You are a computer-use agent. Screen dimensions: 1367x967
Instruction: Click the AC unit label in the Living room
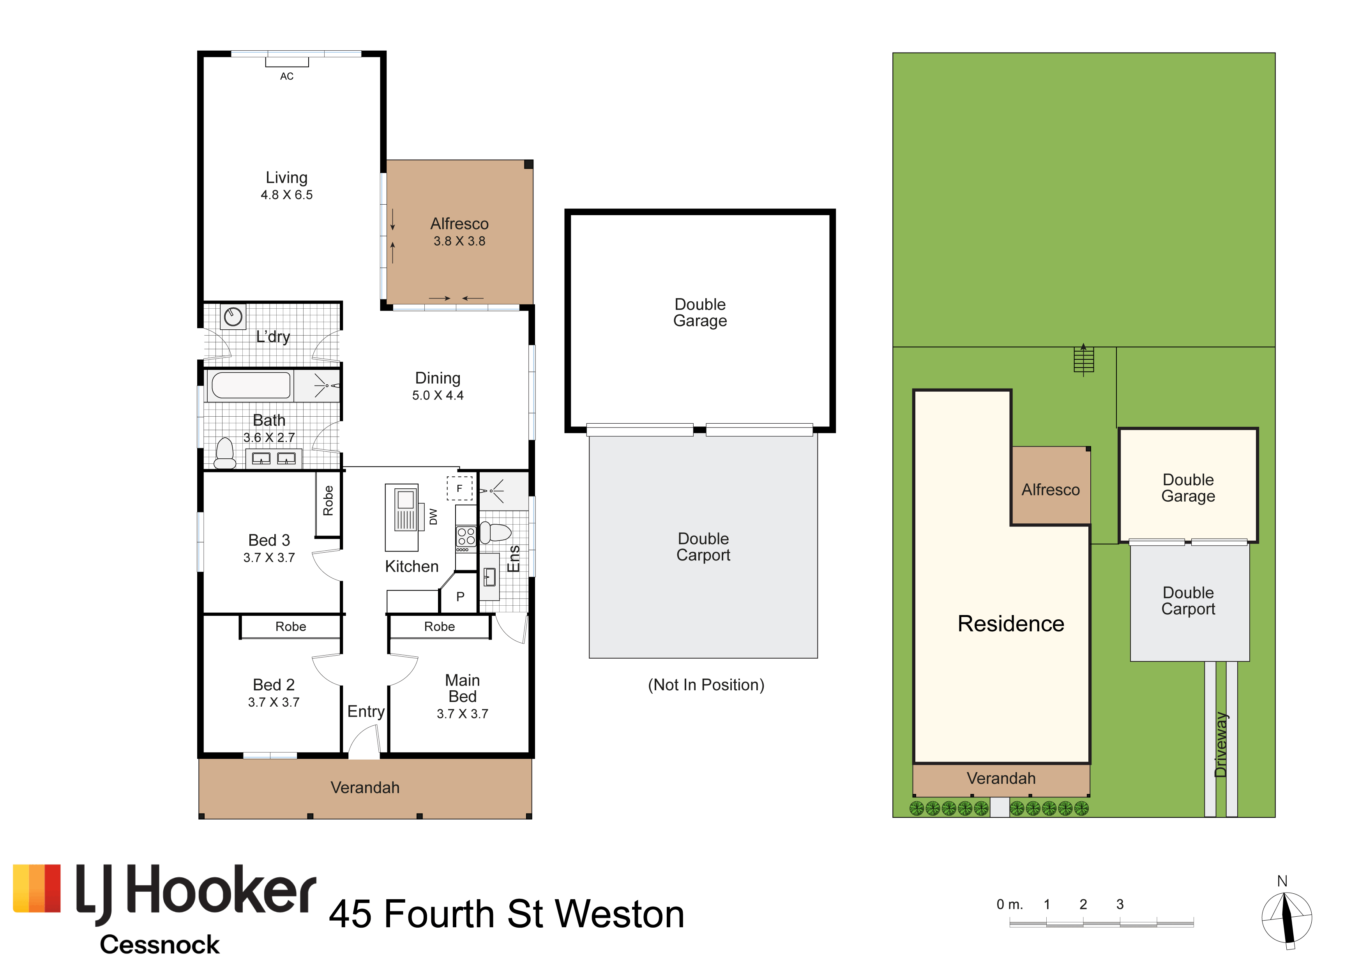coord(286,76)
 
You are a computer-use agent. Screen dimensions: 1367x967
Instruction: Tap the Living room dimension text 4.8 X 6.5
coord(286,195)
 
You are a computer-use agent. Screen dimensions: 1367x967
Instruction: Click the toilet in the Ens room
coord(495,532)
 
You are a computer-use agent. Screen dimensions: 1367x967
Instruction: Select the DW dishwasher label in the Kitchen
coord(433,517)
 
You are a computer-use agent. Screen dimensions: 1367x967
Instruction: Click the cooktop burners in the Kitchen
coord(466,536)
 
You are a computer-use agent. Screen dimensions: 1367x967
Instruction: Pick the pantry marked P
coord(460,596)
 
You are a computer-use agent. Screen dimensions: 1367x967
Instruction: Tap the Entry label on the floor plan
coord(366,712)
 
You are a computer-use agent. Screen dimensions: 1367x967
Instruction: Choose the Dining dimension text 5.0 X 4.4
coord(438,395)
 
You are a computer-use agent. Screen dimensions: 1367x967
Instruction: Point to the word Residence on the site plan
coord(1010,624)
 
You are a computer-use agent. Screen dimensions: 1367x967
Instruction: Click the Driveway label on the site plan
coord(1220,744)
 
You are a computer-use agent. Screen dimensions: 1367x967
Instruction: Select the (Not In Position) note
coord(706,685)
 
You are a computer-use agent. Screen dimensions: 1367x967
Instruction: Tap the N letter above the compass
coord(1282,881)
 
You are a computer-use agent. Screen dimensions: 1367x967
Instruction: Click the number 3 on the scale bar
coord(1120,905)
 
